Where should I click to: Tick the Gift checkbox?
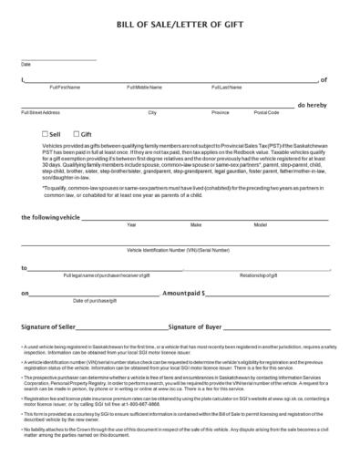coord(76,134)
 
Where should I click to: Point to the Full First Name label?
coord(65,88)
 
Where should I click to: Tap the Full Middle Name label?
coord(144,88)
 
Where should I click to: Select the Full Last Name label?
coord(227,88)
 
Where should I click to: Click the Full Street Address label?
coord(40,112)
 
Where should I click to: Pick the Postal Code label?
coord(267,112)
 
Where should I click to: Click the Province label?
coord(221,112)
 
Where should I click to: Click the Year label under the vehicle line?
coord(131,224)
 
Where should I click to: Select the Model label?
coord(261,224)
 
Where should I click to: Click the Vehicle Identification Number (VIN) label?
coord(179,250)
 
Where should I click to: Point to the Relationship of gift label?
coord(259,274)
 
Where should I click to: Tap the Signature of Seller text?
coord(56,326)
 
